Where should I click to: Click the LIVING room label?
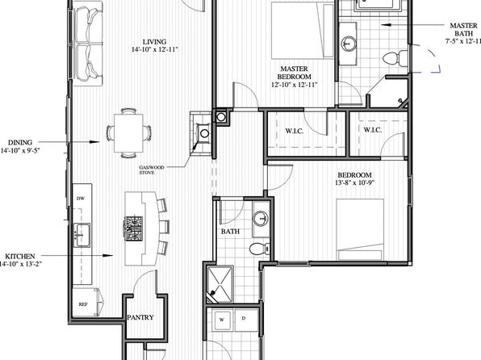point(155,42)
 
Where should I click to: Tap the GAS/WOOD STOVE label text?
point(152,170)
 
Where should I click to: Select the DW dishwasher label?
point(81,199)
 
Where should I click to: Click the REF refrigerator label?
point(83,304)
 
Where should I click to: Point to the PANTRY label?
point(140,317)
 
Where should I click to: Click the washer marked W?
point(222,320)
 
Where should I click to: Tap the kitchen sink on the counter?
point(82,235)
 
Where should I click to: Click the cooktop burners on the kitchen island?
point(133,228)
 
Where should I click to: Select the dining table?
point(128,133)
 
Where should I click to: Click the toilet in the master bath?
point(395,58)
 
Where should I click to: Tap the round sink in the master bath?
point(349,44)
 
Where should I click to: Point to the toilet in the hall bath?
point(260,249)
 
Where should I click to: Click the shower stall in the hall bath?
point(220,284)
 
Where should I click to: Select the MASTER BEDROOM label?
point(295,73)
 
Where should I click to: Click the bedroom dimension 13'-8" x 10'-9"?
point(355,183)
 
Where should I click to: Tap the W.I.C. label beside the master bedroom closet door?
point(295,131)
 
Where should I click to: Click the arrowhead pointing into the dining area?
point(94,142)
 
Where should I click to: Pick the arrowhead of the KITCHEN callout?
point(108,255)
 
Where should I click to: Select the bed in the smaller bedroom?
point(360,230)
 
